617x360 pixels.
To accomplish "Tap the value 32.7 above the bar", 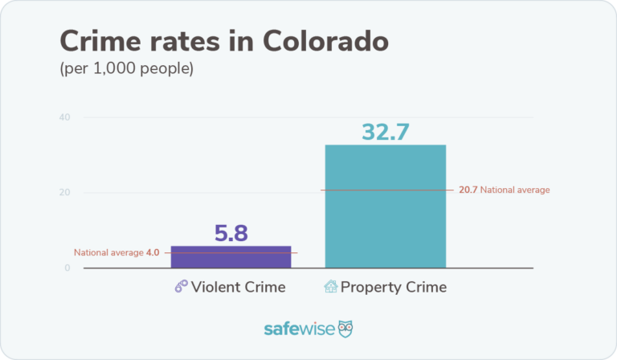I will [x=386, y=130].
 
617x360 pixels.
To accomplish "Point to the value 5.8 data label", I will [x=231, y=233].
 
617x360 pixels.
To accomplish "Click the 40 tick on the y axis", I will [x=64, y=118].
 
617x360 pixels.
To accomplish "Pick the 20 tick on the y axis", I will [x=64, y=193].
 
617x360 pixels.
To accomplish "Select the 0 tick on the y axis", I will [x=67, y=268].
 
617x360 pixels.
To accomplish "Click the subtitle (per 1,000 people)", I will [x=127, y=69].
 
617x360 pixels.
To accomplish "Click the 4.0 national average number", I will [x=153, y=252].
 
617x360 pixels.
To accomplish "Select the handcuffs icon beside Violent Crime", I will [x=182, y=287].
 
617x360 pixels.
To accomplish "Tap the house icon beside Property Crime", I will [x=330, y=287].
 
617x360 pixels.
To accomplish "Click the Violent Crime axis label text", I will [x=239, y=287].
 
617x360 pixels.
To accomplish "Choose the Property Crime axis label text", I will [x=393, y=287].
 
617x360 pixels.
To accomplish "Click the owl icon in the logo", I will [x=345, y=329].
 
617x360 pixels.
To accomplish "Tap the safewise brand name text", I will [x=298, y=329].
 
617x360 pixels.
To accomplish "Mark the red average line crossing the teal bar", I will [x=385, y=190].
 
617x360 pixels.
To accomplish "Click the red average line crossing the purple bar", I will [x=231, y=253].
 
